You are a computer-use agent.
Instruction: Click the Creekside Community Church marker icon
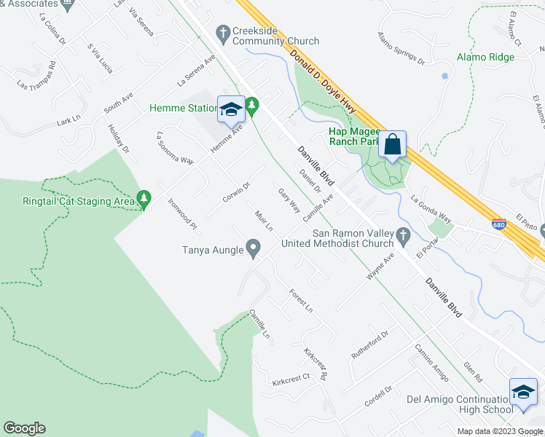click(x=224, y=31)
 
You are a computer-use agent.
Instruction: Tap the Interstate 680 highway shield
click(x=498, y=225)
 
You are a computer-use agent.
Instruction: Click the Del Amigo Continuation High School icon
click(x=522, y=392)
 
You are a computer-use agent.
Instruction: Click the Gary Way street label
click(x=289, y=200)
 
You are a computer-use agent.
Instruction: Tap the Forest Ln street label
click(x=300, y=299)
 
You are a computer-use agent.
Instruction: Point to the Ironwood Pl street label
click(x=183, y=214)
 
